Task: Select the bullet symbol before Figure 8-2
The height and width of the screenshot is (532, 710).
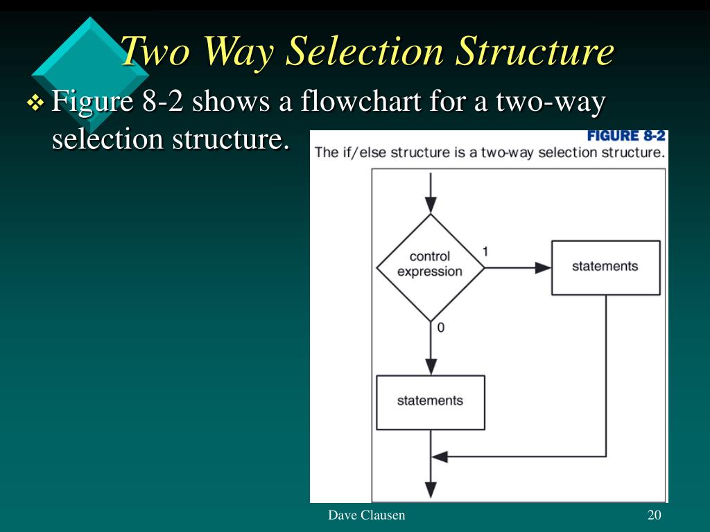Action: (x=35, y=104)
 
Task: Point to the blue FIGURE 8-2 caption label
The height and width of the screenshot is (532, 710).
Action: (x=626, y=136)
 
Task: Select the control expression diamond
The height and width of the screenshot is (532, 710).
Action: (x=430, y=267)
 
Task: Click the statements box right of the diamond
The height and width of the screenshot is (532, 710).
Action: (x=605, y=267)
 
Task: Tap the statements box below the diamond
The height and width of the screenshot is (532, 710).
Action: (x=430, y=402)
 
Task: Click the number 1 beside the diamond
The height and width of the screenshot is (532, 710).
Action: (x=485, y=251)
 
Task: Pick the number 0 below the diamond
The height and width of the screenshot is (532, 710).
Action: (x=441, y=328)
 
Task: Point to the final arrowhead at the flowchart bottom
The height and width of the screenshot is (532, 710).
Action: (x=431, y=490)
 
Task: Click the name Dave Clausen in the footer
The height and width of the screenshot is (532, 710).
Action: (x=366, y=515)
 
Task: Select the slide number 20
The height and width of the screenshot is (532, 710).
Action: (x=654, y=515)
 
